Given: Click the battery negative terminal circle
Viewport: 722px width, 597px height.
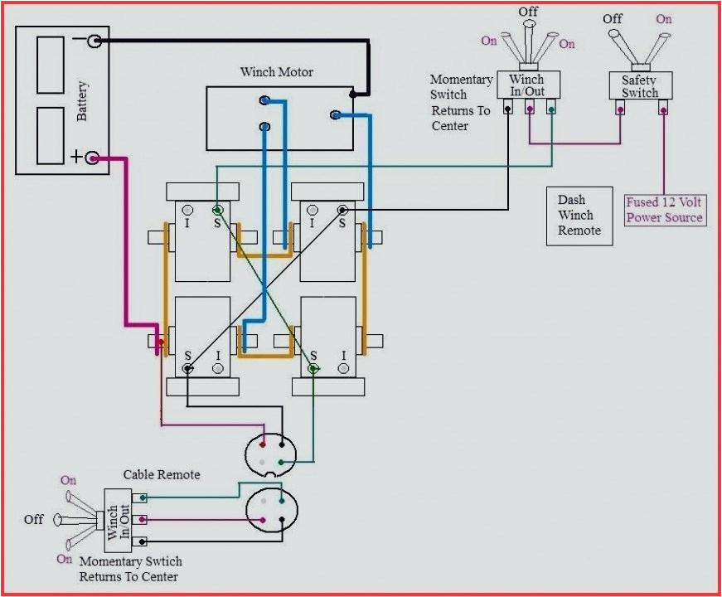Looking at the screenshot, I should [x=94, y=40].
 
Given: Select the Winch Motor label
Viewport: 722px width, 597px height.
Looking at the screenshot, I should [x=277, y=72].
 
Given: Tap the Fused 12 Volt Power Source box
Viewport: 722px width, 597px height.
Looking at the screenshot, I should [x=665, y=210].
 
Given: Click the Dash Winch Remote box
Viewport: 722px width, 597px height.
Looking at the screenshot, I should [x=579, y=216].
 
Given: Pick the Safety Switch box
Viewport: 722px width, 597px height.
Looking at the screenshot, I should [x=640, y=86].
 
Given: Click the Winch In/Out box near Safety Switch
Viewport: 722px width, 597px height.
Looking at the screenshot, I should [x=527, y=85].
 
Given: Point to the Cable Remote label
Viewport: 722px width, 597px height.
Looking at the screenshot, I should [x=162, y=474].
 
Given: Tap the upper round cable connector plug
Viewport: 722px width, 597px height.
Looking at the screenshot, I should [x=270, y=453].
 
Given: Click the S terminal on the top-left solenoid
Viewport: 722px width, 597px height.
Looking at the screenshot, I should [x=217, y=210].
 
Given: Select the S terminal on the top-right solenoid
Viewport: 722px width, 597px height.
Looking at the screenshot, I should [x=342, y=211].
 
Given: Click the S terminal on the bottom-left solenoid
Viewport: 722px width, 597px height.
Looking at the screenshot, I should [x=188, y=368].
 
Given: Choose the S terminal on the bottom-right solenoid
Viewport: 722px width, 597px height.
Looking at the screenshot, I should [x=313, y=368].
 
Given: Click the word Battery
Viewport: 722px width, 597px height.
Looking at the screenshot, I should [x=82, y=101].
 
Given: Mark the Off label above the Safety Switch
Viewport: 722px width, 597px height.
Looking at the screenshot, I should [x=613, y=18].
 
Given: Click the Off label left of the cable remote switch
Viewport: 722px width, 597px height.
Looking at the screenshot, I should [x=33, y=519].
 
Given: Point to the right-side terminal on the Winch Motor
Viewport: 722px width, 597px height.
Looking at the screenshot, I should [x=336, y=114].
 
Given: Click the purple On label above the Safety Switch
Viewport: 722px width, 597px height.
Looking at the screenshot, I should [x=664, y=18].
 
